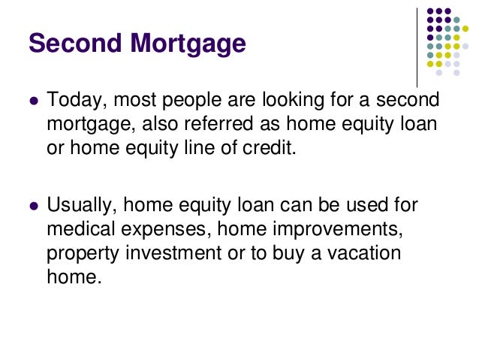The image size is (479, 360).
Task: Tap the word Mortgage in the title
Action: [x=186, y=45]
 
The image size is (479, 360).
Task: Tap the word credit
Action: [x=272, y=147]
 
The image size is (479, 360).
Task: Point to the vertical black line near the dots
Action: [x=417, y=45]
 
